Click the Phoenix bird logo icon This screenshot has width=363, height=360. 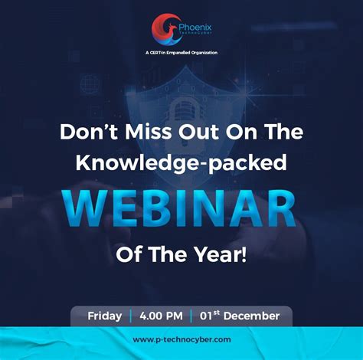click(163, 28)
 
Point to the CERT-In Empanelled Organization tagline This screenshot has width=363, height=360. click(181, 52)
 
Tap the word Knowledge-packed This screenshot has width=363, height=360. click(181, 163)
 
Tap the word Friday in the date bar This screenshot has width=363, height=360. click(104, 315)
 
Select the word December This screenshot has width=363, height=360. click(253, 315)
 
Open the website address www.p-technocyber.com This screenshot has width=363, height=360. click(181, 339)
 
